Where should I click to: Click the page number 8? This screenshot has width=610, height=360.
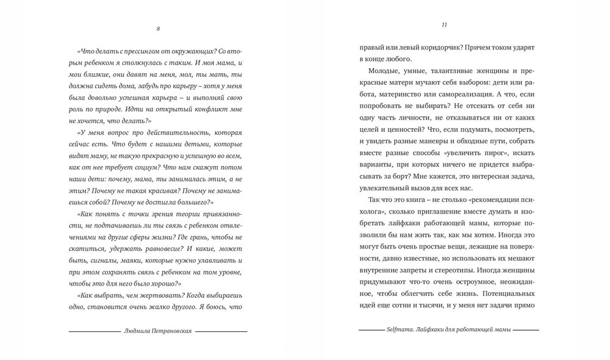click(x=158, y=29)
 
